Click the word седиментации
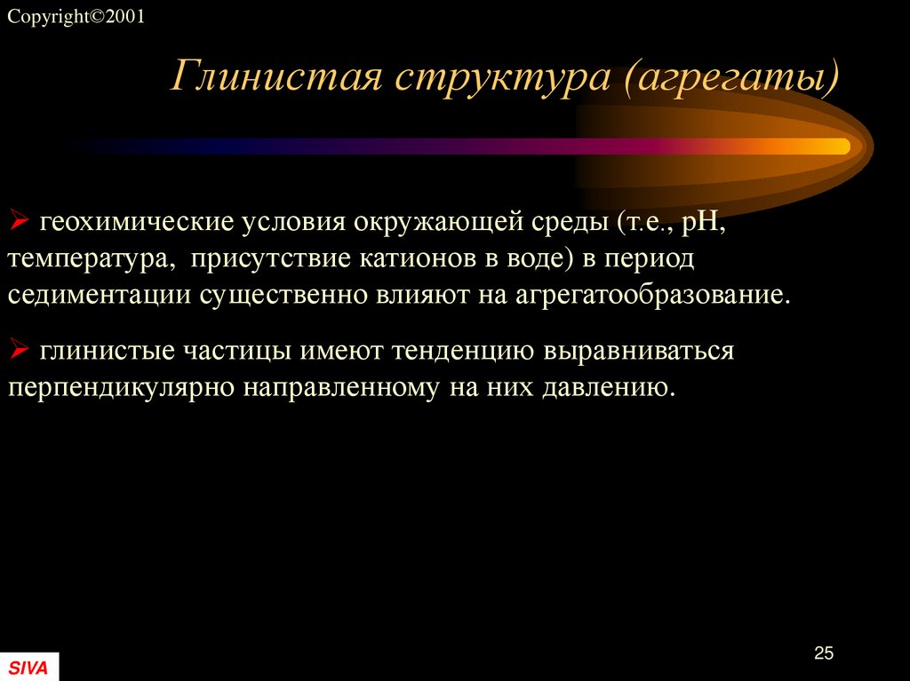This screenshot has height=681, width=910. pos(99,295)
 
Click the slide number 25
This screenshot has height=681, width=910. pos(824,653)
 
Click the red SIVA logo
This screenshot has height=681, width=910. pos(28,667)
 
